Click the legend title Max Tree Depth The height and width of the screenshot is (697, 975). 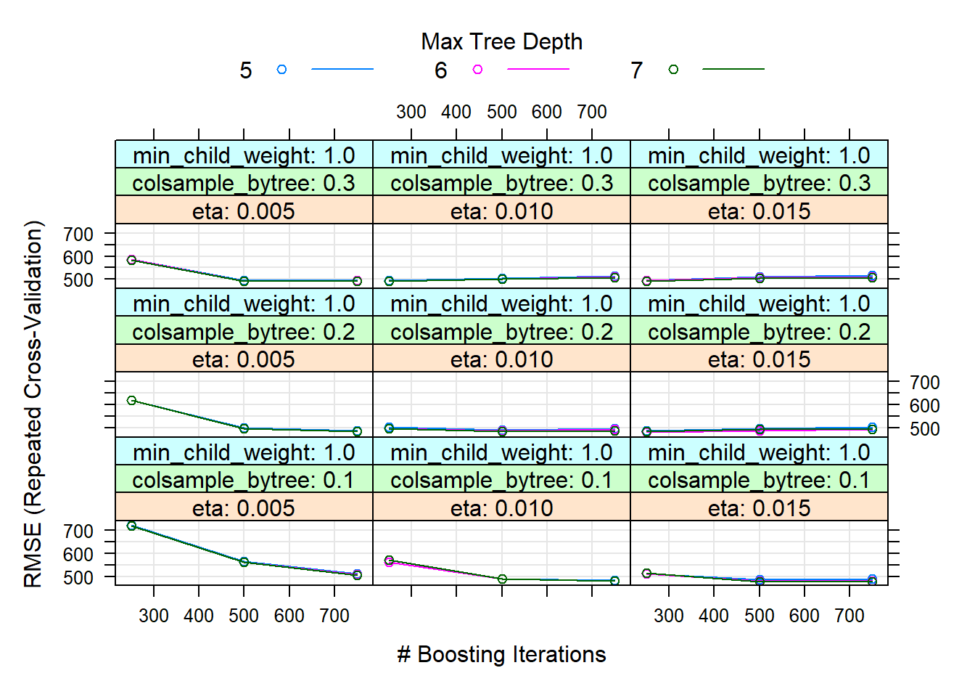click(x=501, y=42)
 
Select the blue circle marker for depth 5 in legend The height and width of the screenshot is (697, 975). click(x=281, y=70)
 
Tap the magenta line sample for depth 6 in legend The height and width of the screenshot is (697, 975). click(x=538, y=70)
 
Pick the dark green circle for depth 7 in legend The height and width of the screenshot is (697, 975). click(x=673, y=70)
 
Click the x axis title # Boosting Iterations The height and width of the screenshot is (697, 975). click(x=501, y=654)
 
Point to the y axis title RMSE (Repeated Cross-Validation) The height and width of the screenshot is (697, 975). click(x=33, y=404)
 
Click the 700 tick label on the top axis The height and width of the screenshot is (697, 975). click(x=591, y=112)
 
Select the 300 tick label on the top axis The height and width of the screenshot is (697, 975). click(x=411, y=112)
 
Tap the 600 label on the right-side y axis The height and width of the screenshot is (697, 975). click(x=924, y=406)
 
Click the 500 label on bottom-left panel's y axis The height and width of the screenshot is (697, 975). click(x=78, y=578)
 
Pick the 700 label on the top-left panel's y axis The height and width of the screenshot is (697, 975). click(x=78, y=235)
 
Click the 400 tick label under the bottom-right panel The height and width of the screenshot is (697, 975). click(x=714, y=616)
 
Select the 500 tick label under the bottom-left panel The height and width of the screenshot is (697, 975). click(x=244, y=616)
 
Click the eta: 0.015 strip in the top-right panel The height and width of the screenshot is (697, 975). click(x=759, y=211)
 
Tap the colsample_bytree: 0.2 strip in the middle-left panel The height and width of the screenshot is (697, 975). click(x=244, y=332)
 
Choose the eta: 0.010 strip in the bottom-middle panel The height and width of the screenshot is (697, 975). click(x=501, y=508)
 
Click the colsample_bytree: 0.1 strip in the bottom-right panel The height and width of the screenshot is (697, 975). click(x=759, y=480)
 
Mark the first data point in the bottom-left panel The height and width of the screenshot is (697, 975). click(x=131, y=526)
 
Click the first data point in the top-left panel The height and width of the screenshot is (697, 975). click(x=131, y=260)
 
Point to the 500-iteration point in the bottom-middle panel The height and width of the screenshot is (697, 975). click(x=502, y=579)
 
